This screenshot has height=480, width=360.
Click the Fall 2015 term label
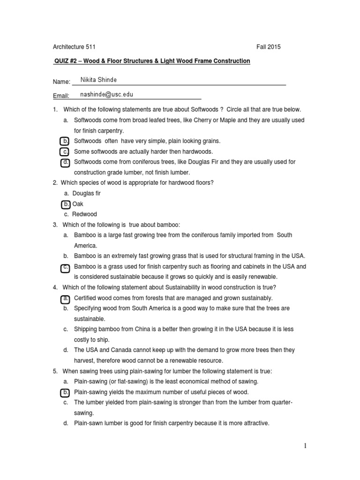click(269, 47)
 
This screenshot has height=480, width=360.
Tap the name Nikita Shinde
click(100, 80)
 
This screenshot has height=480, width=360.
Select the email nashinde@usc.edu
click(107, 94)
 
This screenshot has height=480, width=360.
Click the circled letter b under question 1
click(66, 141)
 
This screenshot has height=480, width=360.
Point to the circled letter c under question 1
click(66, 151)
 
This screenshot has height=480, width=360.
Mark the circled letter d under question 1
click(66, 162)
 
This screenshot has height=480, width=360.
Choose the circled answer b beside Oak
click(66, 204)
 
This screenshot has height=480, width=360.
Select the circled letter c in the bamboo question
click(66, 267)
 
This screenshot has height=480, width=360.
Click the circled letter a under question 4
click(66, 298)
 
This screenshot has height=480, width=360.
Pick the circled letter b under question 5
click(66, 392)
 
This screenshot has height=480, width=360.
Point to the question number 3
click(55, 225)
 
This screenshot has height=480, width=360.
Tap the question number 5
click(55, 371)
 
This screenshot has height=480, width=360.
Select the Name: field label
click(61, 82)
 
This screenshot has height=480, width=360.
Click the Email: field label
click(61, 96)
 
